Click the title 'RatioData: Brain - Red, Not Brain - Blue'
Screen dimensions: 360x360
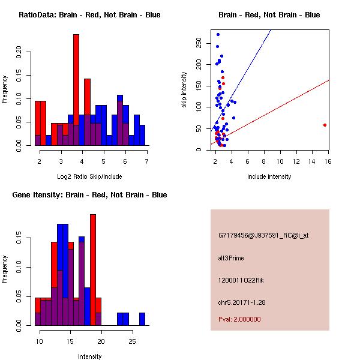point(89,15)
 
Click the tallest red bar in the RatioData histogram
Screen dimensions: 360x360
point(76,90)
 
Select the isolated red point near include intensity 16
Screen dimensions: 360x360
point(325,125)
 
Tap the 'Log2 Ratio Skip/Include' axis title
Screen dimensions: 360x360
point(89,176)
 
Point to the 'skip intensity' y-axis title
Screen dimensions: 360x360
point(184,90)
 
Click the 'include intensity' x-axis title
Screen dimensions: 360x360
point(269,176)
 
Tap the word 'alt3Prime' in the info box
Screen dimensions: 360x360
point(231,258)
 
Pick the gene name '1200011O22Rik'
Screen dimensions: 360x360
point(238,280)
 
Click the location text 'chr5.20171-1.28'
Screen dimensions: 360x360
point(241,302)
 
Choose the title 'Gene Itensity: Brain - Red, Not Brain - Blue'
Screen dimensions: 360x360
point(89,195)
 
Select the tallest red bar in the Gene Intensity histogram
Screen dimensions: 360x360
point(93,270)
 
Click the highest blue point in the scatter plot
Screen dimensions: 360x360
point(218,34)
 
